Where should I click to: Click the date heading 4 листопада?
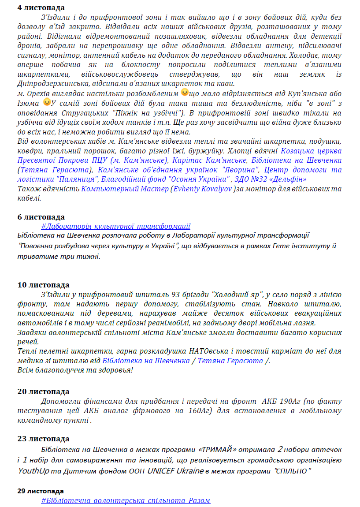pos(41,7)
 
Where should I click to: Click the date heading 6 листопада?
pos(41,217)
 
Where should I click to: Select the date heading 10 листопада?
pos(43,285)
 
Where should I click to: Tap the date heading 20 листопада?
pos(43,391)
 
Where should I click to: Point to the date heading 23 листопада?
pos(43,439)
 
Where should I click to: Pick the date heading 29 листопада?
pos(41,491)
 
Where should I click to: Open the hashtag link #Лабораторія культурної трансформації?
pos(115,226)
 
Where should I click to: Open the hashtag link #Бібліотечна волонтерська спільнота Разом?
pos(126,500)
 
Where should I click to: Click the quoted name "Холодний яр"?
pos(238,295)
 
